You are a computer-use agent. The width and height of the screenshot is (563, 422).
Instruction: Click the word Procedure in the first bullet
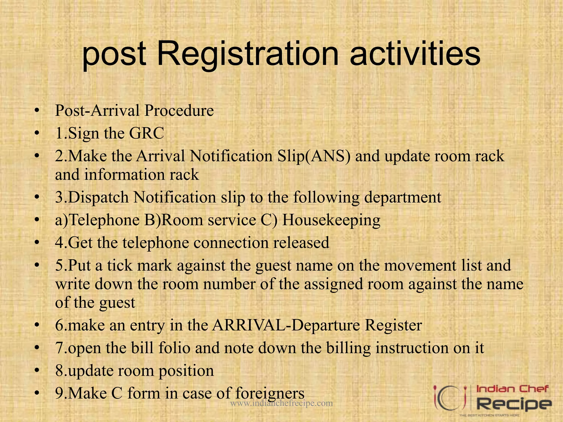pyautogui.click(x=179, y=111)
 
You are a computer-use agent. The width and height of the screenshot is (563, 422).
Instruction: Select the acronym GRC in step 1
pyautogui.click(x=147, y=134)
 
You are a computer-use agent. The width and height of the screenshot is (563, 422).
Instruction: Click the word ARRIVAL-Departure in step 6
pyautogui.click(x=286, y=325)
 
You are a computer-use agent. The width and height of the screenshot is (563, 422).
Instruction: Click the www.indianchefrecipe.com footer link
pyautogui.click(x=281, y=403)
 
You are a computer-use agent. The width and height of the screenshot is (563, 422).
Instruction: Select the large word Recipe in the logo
pyautogui.click(x=514, y=404)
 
